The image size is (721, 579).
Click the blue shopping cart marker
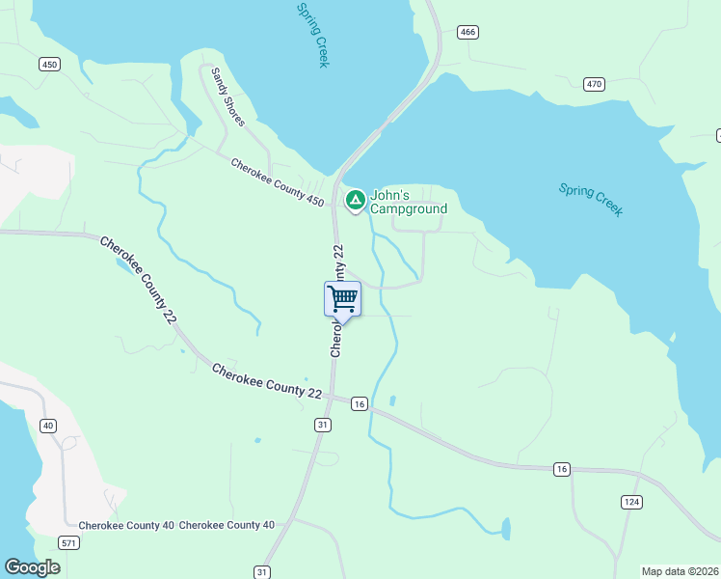coord(342,299)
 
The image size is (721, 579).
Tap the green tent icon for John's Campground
coord(355,201)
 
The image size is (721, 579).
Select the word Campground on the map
coord(410,209)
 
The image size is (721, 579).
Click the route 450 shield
coord(50,65)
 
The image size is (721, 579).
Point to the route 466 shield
coord(468,33)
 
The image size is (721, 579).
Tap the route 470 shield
coord(594,85)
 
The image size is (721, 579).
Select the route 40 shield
coord(47,426)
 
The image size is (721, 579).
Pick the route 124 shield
coord(631,503)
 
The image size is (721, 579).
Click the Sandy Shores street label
coord(228,96)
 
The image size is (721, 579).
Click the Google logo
coord(33,567)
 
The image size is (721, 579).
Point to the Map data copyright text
coord(680,571)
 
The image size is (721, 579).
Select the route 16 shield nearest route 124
coord(562,469)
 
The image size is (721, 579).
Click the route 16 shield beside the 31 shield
coord(359,403)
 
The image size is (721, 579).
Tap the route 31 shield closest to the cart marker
coord(323,425)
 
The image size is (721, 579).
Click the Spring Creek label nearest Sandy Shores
coord(313,34)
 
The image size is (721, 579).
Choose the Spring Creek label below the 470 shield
coord(591,200)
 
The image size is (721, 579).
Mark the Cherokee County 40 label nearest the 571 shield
coord(126,525)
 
